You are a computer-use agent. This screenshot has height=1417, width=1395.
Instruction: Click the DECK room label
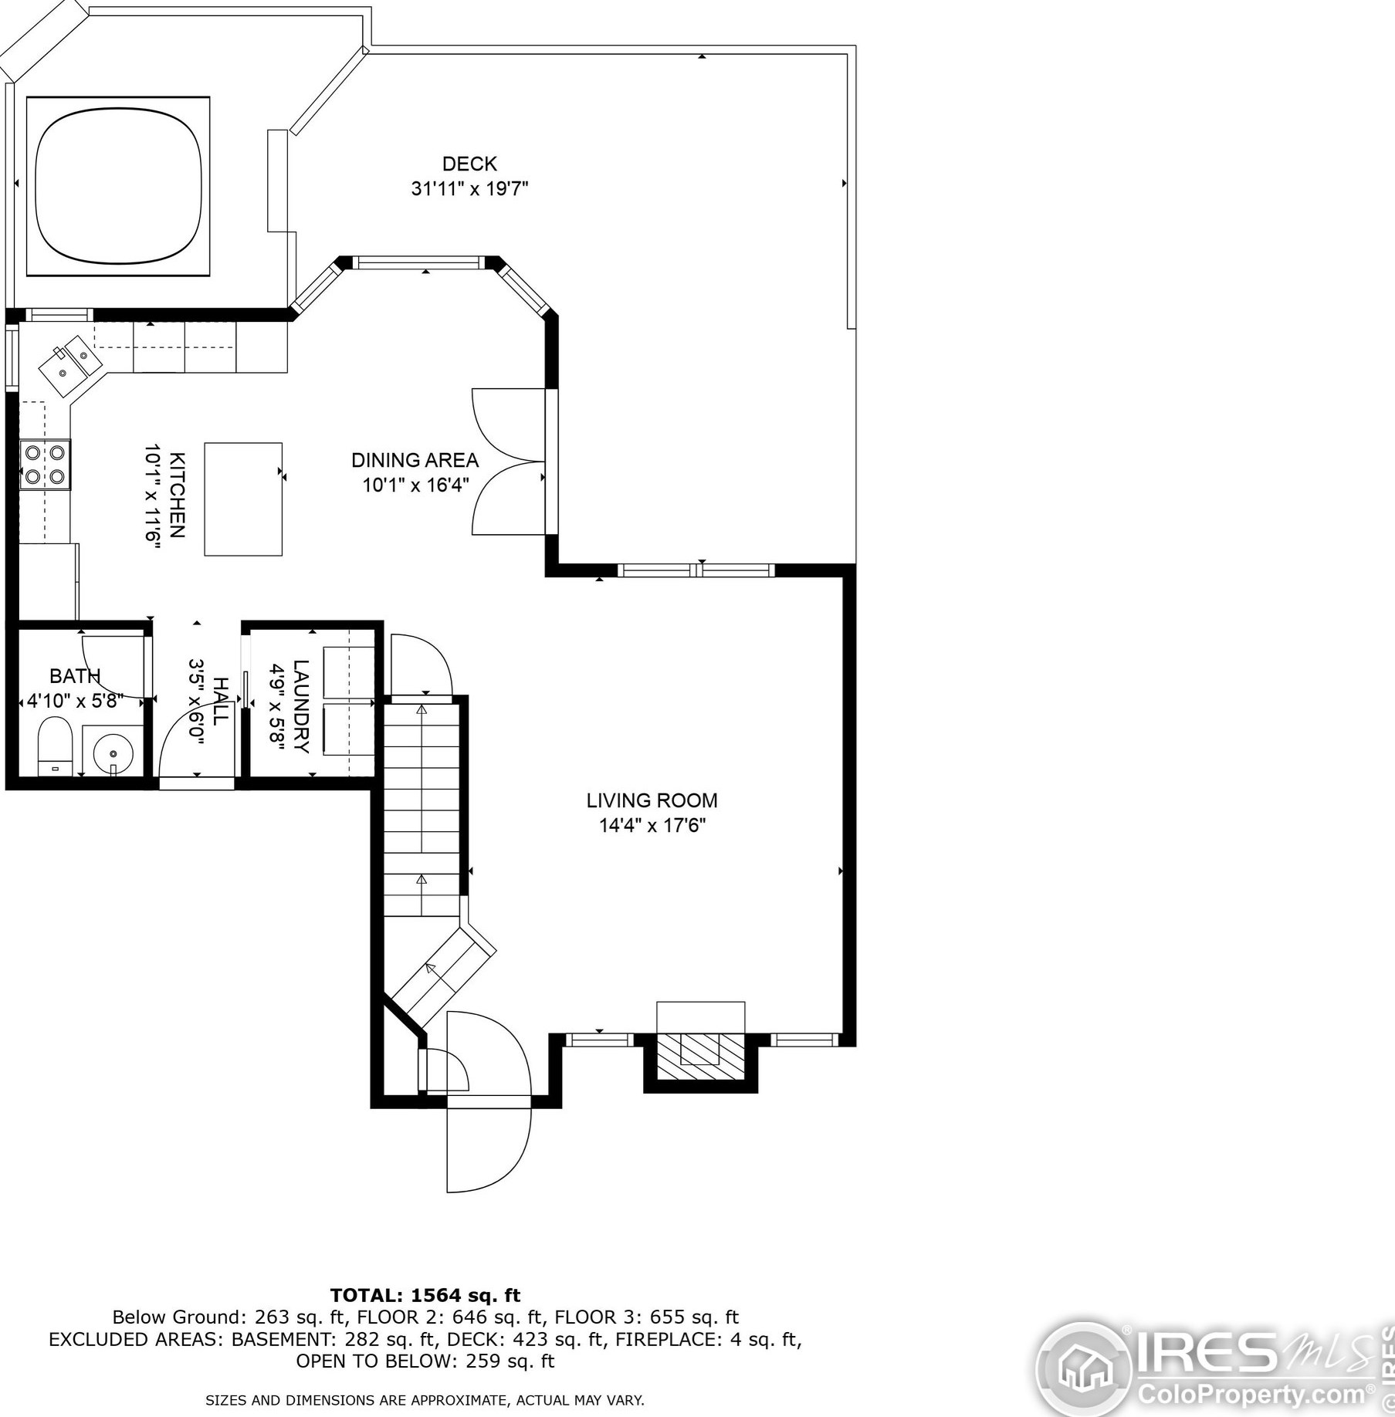(469, 164)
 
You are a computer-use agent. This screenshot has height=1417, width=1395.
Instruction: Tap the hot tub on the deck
(118, 186)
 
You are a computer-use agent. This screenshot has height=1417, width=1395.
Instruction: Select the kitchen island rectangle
(243, 499)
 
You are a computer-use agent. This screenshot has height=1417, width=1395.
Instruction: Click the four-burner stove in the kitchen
(45, 465)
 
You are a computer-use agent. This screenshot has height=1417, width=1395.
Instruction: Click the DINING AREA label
(415, 460)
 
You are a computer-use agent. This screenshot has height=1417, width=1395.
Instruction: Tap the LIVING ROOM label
(652, 800)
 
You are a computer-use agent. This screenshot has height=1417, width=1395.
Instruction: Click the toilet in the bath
(55, 746)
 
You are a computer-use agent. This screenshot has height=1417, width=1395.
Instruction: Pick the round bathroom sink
(113, 752)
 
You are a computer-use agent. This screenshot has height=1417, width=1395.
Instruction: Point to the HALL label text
(220, 701)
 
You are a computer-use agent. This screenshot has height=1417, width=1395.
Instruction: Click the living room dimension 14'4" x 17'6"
(652, 826)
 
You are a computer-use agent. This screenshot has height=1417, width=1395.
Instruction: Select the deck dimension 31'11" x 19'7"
(469, 188)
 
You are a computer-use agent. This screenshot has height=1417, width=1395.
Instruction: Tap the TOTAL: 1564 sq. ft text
(425, 1295)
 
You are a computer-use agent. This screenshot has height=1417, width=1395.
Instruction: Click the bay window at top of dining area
(422, 262)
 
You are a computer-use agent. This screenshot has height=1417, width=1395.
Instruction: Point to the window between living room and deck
(696, 570)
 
